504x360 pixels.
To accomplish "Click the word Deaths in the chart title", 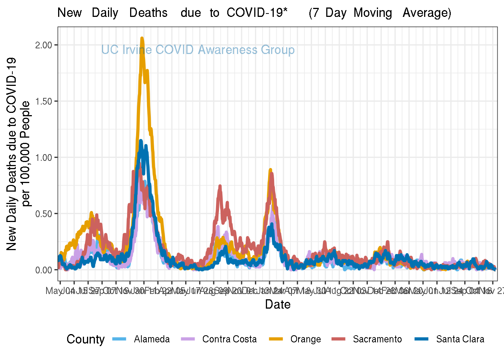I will coord(148,13).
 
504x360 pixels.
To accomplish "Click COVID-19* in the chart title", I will coord(257,13).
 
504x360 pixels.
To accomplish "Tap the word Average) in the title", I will coord(427,13).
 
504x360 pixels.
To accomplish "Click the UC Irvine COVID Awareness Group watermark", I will coord(198,50).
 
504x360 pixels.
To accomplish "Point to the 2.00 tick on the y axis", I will coord(43,45).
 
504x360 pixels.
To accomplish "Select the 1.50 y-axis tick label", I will coord(43,101).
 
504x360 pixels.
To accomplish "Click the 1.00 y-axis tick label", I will coord(43,157).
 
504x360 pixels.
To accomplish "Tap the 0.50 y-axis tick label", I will coord(43,214).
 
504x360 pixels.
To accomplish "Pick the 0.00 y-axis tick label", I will coord(43,270).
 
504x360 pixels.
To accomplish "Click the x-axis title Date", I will coord(277,304).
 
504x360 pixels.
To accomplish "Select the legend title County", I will coord(85,339).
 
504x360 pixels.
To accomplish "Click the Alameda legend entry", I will coord(151,339).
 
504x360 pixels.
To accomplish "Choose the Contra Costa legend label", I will coord(229,339).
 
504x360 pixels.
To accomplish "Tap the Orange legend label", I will coord(306,339).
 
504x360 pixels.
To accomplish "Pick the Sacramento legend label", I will coord(377,339).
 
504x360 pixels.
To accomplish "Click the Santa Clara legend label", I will coord(460,339).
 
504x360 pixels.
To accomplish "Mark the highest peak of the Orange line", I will coord(142,38).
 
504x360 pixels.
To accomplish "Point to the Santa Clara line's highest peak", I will coord(141,141).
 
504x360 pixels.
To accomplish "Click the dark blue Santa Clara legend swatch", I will coord(422,339).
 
